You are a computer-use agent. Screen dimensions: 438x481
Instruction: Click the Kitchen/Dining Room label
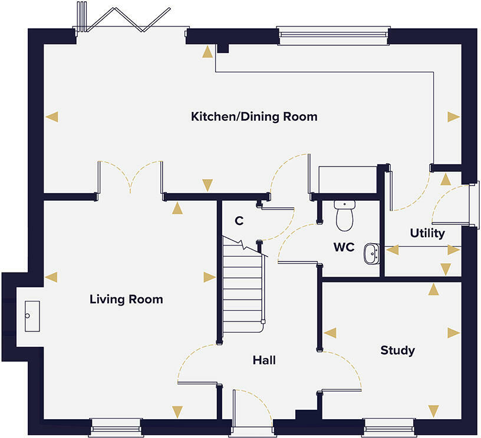[254, 117]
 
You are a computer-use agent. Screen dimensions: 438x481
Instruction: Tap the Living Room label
[126, 300]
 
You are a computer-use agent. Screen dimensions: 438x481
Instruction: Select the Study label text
[397, 351]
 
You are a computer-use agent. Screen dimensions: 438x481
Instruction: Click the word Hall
[264, 360]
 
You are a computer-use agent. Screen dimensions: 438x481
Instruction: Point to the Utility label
[427, 234]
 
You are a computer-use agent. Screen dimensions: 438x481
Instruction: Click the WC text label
[344, 248]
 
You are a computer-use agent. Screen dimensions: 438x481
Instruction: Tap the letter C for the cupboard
[239, 221]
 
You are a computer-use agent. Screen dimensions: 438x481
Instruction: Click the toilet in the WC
[344, 215]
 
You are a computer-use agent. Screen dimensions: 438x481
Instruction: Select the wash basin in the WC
[371, 254]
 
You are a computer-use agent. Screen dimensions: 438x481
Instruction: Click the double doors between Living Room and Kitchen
[130, 177]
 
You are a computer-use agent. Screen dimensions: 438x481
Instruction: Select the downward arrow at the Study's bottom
[434, 410]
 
